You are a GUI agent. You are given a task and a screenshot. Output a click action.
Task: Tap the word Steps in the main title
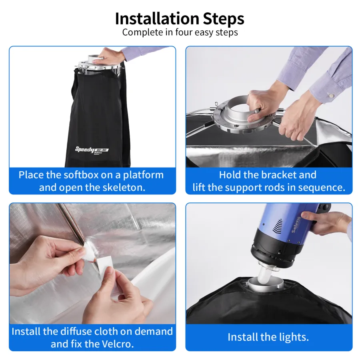pos(223,19)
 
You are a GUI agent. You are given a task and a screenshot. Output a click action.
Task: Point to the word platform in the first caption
pos(144,175)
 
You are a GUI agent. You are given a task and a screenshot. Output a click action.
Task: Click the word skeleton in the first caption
pos(124,188)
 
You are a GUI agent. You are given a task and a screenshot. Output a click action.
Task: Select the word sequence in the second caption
pos(322,188)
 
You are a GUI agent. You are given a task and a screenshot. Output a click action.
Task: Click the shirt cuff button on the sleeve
pos(331,95)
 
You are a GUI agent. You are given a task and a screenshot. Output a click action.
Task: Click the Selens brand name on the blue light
pos(296,224)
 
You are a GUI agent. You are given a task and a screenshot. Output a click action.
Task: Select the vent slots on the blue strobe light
pos(277,226)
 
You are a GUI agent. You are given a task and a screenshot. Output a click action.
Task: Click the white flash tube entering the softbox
pos(264,274)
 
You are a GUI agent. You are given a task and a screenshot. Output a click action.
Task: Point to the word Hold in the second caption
pos(230,175)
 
